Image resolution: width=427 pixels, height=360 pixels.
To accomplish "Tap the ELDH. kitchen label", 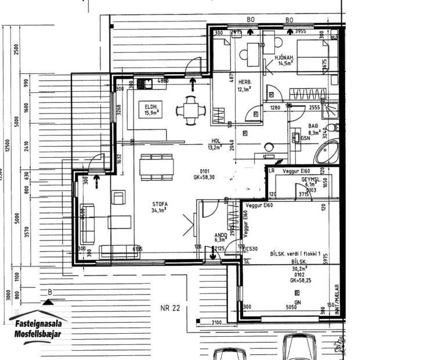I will tap(152, 106).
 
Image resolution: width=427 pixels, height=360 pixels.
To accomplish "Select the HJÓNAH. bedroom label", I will tap(285, 57).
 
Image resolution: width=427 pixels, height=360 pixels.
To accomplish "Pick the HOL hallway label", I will tap(216, 141).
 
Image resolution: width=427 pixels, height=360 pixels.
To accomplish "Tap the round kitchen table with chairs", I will tap(191, 109).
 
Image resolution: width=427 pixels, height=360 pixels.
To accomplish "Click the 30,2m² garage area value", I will tap(299, 269).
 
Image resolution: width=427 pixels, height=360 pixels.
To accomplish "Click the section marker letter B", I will tap(50, 293).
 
